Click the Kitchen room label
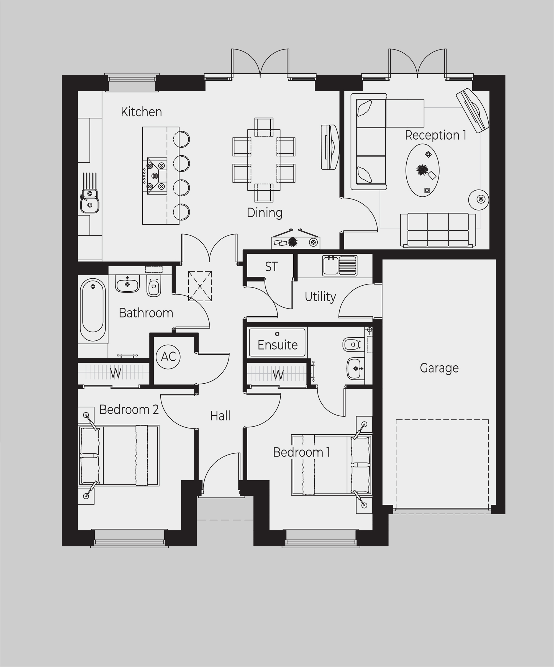(141, 112)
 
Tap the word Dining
(265, 212)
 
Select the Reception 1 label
(435, 135)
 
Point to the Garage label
(439, 368)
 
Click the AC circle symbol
(168, 356)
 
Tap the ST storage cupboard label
(271, 267)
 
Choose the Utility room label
(320, 296)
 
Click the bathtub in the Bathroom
(93, 310)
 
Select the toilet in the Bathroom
(154, 287)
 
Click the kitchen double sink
(90, 201)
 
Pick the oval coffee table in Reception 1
(422, 171)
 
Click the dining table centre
(264, 160)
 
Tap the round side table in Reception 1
(479, 199)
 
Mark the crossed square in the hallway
(200, 286)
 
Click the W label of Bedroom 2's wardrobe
(116, 373)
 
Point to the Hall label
(220, 415)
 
